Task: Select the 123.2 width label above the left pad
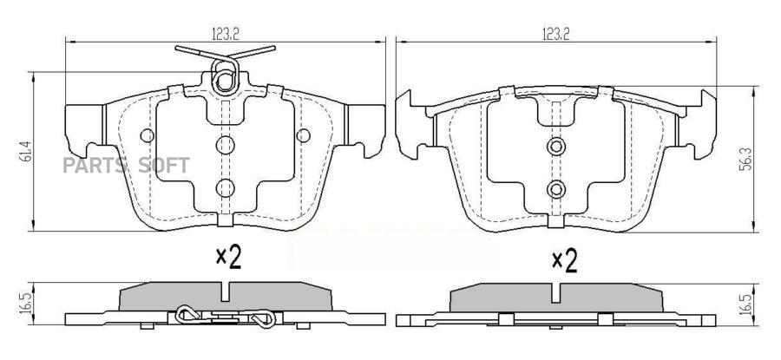pyautogui.click(x=226, y=35)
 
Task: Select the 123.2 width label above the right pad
pyautogui.click(x=555, y=35)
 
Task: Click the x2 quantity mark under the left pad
pyautogui.click(x=228, y=258)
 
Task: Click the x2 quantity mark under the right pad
pyautogui.click(x=565, y=261)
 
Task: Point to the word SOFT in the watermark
pyautogui.click(x=164, y=166)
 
